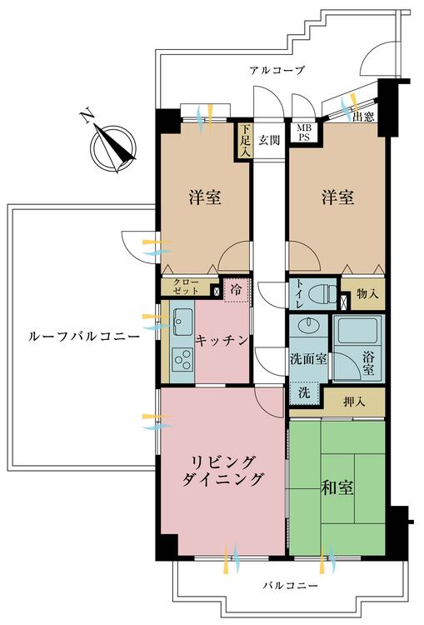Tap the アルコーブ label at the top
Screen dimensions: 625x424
coord(277,71)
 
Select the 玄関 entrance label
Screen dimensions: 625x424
coord(268,139)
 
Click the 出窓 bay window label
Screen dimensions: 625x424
coord(363,117)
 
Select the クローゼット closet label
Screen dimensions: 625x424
coord(186,287)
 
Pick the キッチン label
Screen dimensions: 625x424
coord(222,339)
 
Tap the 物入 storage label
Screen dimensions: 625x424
coord(367,294)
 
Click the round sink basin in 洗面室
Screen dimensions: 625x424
coord(307,324)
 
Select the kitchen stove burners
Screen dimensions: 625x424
coord(182,359)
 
